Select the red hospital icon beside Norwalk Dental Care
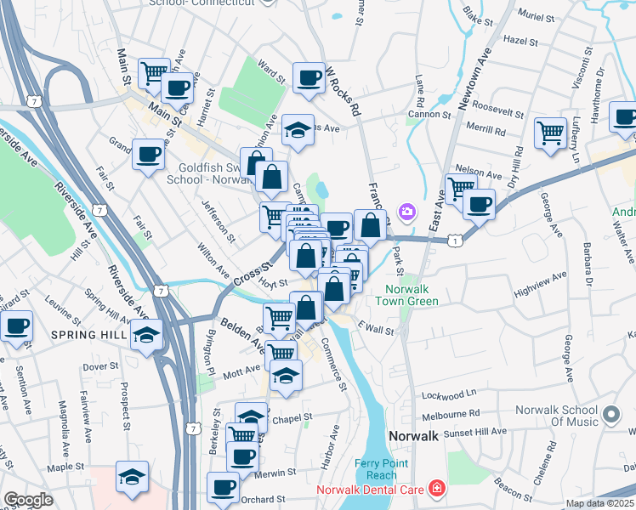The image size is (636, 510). point(436,488)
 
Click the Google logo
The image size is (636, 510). point(28,500)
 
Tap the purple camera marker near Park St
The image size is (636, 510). point(407,211)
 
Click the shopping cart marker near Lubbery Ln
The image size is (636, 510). point(550,132)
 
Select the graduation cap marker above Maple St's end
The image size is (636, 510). point(132,475)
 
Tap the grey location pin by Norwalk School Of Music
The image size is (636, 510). point(610,416)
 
